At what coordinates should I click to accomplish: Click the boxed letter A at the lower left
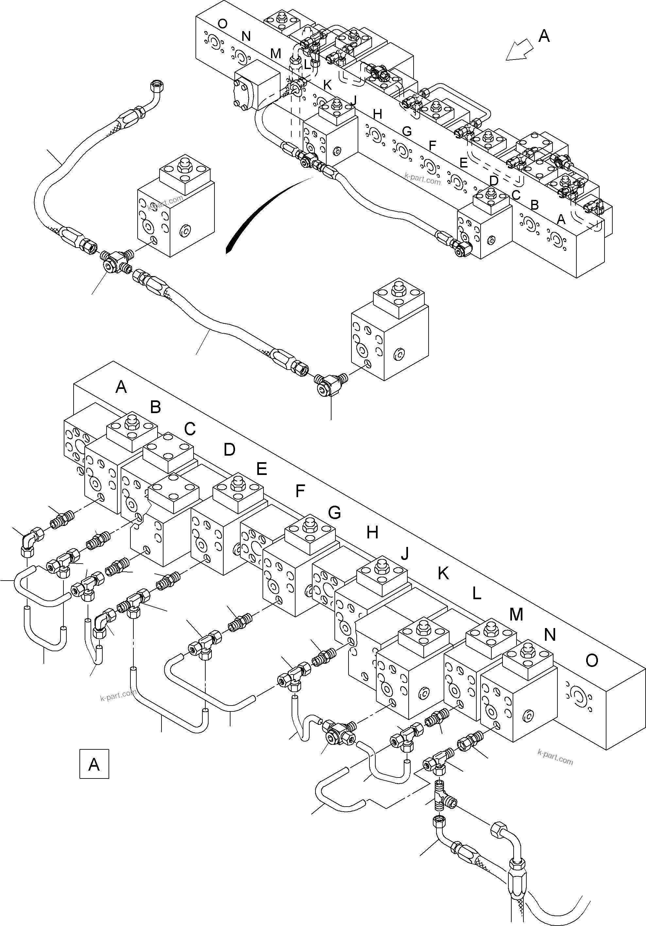tap(94, 764)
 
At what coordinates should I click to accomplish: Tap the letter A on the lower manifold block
tap(121, 387)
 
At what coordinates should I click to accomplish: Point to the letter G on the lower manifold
tap(334, 513)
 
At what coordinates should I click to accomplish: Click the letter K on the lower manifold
tap(443, 573)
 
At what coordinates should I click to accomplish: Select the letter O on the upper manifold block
tap(222, 24)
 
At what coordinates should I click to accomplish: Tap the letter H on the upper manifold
tap(377, 114)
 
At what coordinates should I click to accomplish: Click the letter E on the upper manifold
tap(464, 163)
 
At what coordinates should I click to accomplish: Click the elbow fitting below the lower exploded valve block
tap(330, 383)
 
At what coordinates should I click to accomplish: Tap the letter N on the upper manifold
tap(246, 36)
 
